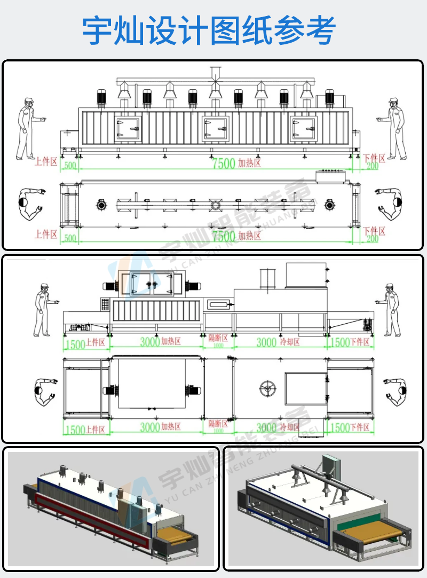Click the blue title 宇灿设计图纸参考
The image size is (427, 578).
coord(209,30)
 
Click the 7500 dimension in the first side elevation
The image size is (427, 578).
coord(224,163)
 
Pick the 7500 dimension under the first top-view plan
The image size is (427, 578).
coord(224,236)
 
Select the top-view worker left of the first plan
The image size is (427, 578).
coord(30,204)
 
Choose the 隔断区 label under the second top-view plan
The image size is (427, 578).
coord(218,424)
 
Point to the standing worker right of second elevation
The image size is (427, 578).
coord(392,310)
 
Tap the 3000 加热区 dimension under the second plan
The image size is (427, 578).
coord(150,427)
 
